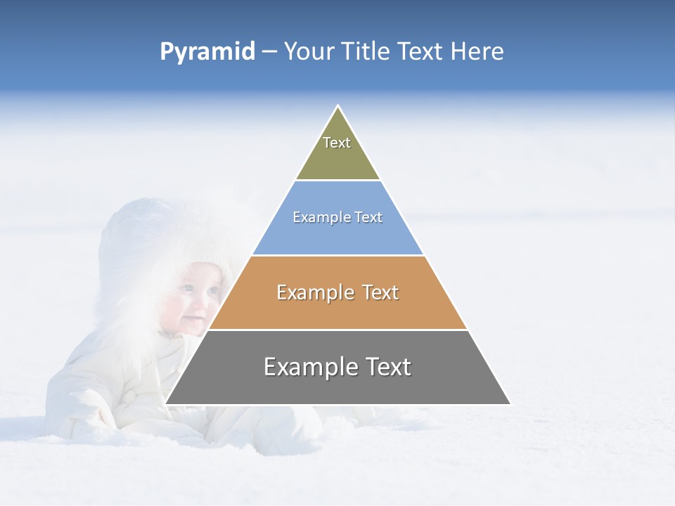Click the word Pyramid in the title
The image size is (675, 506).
(x=207, y=52)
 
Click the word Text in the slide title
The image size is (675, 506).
(x=420, y=51)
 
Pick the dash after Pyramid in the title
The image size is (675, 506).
(x=269, y=52)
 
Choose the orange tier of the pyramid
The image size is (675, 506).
(x=337, y=309)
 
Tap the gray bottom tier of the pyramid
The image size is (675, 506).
(x=337, y=387)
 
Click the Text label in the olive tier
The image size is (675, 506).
(x=337, y=143)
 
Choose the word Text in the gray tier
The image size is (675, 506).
(x=386, y=367)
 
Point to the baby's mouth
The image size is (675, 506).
(x=192, y=320)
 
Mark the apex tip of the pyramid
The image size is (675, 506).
(x=338, y=107)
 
